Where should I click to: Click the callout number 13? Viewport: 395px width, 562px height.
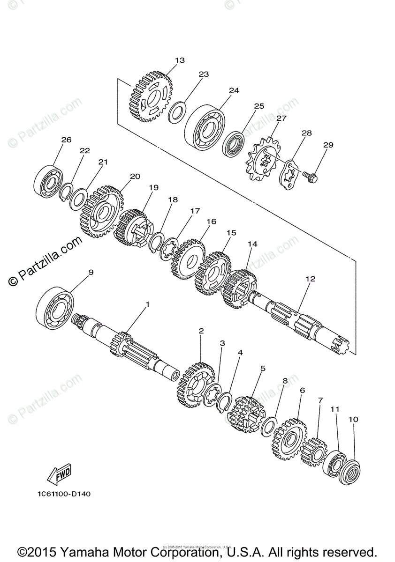click(180, 60)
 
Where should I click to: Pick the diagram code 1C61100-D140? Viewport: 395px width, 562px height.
click(62, 494)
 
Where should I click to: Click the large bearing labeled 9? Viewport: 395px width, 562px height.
click(55, 307)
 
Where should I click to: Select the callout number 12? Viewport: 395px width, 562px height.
click(310, 279)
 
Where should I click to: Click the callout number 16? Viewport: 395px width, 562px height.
click(211, 222)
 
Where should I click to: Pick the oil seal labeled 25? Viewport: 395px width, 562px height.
click(233, 145)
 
